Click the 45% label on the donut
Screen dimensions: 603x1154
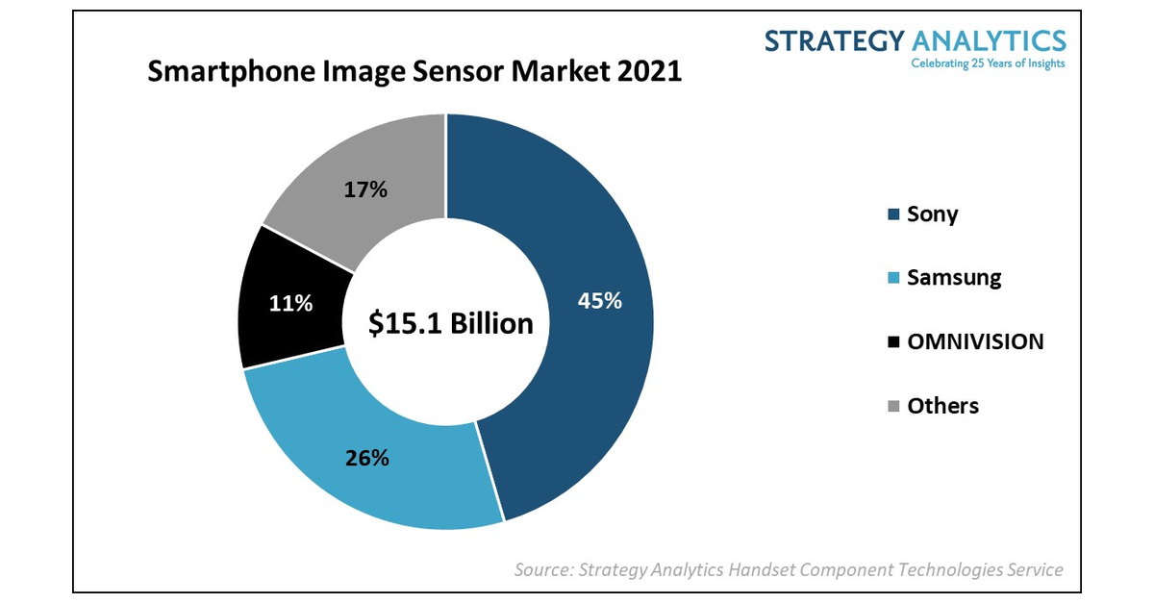point(600,301)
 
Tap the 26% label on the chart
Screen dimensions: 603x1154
point(367,458)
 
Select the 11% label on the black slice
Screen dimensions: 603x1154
point(290,304)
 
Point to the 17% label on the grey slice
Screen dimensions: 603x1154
point(365,190)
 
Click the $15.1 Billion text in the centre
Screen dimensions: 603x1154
point(451,324)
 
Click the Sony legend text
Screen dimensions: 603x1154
point(932,214)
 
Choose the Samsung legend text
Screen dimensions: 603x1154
point(954,278)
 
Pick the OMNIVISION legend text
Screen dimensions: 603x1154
point(975,341)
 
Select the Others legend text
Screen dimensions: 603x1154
point(942,406)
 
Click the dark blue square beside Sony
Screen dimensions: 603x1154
point(892,214)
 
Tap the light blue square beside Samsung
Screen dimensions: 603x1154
point(892,279)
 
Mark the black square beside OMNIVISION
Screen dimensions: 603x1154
point(892,342)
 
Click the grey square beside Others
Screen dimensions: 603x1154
point(892,407)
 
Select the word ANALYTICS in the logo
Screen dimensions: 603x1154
point(989,40)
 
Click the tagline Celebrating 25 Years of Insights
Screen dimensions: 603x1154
point(988,63)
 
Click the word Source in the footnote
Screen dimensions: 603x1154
point(541,569)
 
